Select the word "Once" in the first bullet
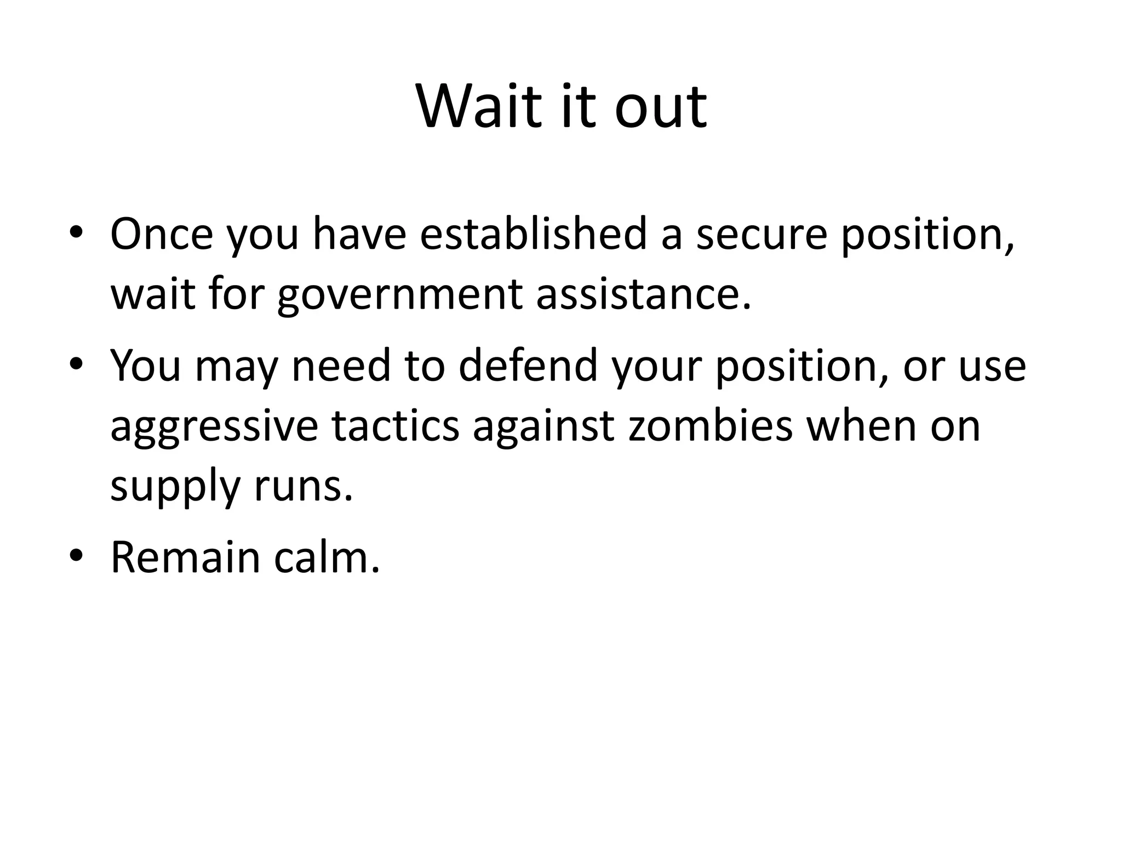tap(162, 235)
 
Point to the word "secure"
tap(761, 235)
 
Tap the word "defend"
tap(528, 366)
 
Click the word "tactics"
tap(395, 426)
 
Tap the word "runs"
tap(303, 487)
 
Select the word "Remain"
tap(185, 558)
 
